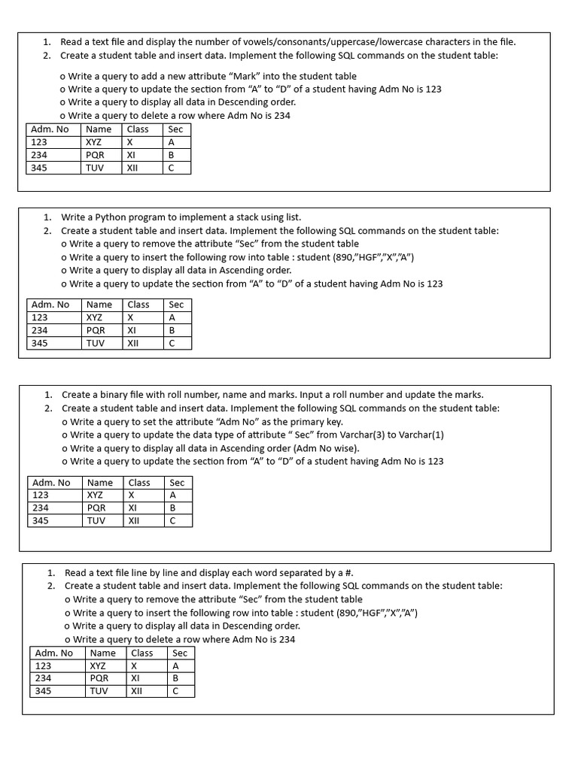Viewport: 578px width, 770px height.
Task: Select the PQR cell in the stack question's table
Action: click(x=96, y=330)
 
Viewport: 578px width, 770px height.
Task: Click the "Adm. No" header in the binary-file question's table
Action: click(x=53, y=483)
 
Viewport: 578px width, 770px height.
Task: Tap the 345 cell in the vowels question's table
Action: click(x=39, y=168)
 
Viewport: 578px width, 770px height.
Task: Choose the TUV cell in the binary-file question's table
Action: click(x=96, y=520)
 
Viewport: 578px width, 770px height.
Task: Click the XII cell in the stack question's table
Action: click(x=132, y=343)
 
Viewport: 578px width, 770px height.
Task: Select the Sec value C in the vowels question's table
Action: click(x=172, y=168)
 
